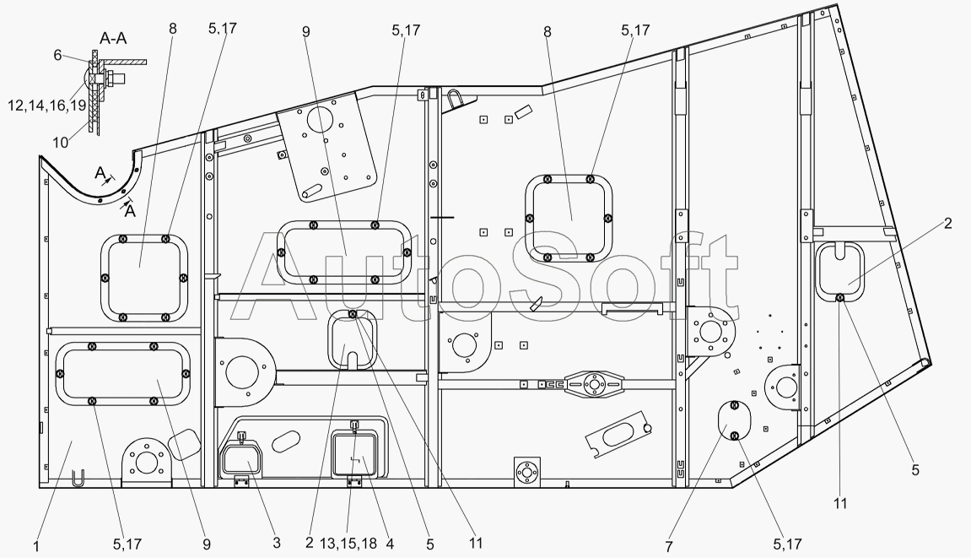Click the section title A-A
click(x=113, y=39)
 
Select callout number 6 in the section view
click(x=57, y=55)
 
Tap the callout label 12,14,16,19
click(x=47, y=106)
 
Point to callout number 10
click(x=60, y=143)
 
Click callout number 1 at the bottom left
click(x=36, y=546)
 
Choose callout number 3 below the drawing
click(x=276, y=543)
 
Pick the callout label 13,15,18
click(x=348, y=544)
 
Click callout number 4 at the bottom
click(x=390, y=544)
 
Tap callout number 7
click(x=669, y=547)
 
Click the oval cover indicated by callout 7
click(x=735, y=421)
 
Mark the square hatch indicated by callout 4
click(x=355, y=454)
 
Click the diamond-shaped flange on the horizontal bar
click(x=594, y=385)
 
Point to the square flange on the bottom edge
click(x=527, y=473)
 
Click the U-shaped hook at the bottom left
click(x=77, y=479)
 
